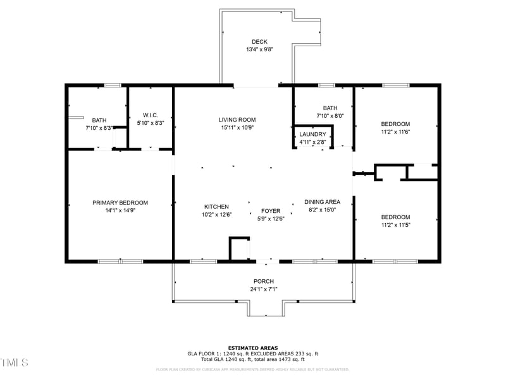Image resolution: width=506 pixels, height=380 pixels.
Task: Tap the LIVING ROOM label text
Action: [237, 120]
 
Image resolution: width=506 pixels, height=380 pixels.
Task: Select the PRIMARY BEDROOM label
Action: [120, 203]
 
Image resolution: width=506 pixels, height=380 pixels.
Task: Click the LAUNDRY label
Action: [312, 134]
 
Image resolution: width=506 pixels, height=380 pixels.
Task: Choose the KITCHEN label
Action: [216, 207]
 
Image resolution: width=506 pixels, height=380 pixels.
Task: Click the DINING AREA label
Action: [322, 202]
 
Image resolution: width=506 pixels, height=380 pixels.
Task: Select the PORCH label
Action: [264, 281]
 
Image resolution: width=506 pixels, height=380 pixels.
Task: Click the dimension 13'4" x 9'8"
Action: [259, 49]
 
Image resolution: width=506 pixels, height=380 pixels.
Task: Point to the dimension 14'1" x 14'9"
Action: [120, 210]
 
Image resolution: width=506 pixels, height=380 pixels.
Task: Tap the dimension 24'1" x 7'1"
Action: [264, 289]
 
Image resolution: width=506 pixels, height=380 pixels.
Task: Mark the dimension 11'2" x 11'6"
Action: [395, 132]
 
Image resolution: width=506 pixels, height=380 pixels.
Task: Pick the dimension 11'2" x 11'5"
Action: [395, 225]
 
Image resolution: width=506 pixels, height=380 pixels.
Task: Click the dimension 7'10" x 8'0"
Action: [330, 116]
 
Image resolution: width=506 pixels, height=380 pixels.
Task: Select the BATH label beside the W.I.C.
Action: [99, 120]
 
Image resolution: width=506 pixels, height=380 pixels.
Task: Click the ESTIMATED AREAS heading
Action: [253, 348]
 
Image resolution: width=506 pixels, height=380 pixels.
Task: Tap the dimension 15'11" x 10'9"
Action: [237, 127]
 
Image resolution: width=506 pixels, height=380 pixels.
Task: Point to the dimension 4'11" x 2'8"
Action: [312, 142]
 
